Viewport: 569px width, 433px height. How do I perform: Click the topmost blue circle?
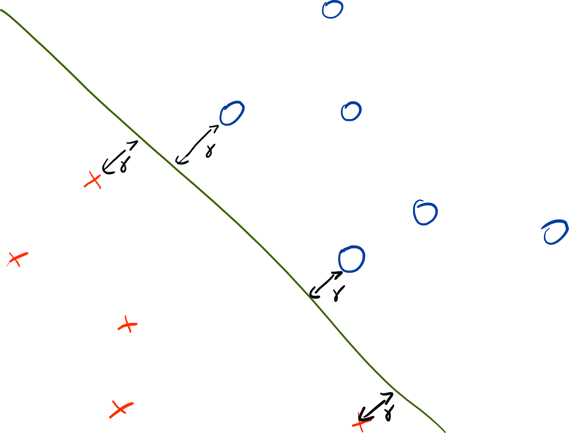pyautogui.click(x=332, y=10)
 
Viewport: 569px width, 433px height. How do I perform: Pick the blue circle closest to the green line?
pyautogui.click(x=352, y=259)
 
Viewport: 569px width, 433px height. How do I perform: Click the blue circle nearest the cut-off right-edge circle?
pyautogui.click(x=425, y=213)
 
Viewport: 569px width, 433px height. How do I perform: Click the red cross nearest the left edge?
pyautogui.click(x=17, y=259)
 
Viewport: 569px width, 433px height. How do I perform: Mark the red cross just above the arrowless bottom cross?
pyautogui.click(x=128, y=325)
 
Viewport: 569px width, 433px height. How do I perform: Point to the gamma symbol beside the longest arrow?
pyautogui.click(x=210, y=151)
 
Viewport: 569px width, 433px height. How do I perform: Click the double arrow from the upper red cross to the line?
pyautogui.click(x=120, y=157)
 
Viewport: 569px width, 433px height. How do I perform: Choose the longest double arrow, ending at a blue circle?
pyautogui.click(x=197, y=145)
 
